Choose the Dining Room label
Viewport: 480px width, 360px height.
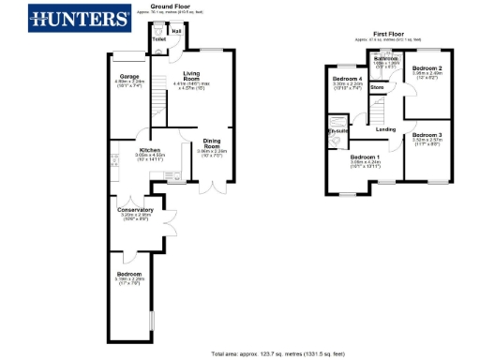(212, 143)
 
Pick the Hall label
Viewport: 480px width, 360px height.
(176, 31)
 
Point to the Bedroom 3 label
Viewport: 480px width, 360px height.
(427, 135)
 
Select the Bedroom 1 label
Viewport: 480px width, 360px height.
(365, 157)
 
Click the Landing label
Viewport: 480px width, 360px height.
(385, 128)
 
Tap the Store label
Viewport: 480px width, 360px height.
(377, 87)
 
